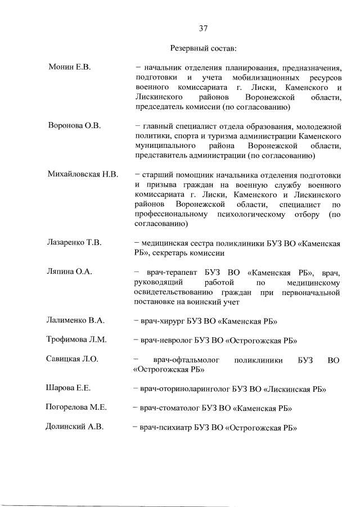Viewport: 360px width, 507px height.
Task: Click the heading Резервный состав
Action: [x=204, y=49]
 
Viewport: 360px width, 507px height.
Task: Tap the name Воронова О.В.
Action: [x=74, y=125]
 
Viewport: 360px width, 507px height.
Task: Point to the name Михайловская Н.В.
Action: [x=83, y=174]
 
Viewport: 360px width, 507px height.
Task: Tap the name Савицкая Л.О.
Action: [x=73, y=359]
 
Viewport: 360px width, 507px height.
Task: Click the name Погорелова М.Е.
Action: [x=76, y=408]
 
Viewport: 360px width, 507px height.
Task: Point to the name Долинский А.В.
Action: [x=74, y=427]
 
